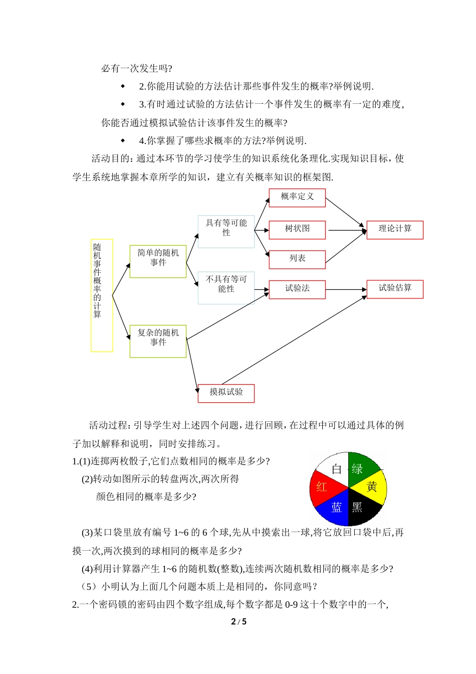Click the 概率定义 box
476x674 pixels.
(297, 198)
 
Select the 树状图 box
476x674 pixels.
(297, 230)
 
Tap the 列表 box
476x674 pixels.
(297, 259)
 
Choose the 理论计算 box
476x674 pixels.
(395, 230)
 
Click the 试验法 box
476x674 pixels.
(297, 289)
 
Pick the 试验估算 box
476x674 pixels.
(395, 289)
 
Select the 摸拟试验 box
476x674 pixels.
(226, 393)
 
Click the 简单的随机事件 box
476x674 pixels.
(158, 261)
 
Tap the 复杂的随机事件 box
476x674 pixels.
(158, 341)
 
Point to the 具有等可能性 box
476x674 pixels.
(226, 231)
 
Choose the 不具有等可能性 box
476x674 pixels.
(226, 288)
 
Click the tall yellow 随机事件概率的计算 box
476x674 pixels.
(102, 295)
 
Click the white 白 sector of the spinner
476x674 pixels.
(334, 467)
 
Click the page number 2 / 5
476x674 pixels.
(239, 622)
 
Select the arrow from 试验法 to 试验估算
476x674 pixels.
(346, 289)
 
